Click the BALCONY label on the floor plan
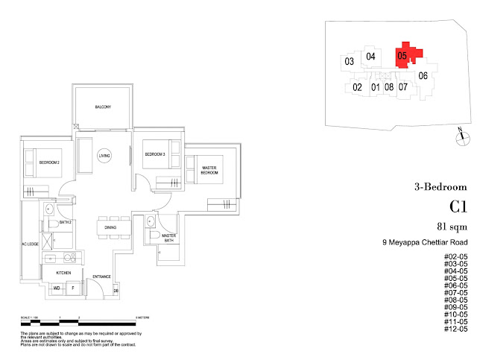pos(103,108)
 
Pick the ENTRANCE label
pos(101,277)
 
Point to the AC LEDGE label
pos(25,245)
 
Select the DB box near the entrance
pos(116,291)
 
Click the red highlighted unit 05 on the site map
pos(402,55)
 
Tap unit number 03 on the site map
pos(348,61)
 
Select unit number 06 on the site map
pos(422,75)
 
